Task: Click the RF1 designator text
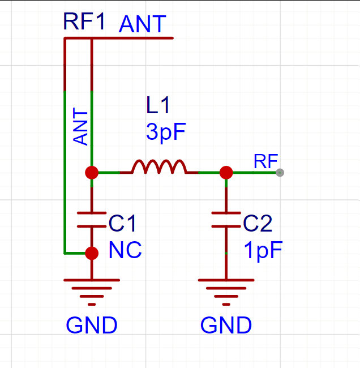pos(84,23)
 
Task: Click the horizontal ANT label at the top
pos(142,24)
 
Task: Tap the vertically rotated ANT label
pos(82,127)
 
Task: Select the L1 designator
pos(157,105)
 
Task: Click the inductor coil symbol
pos(158,167)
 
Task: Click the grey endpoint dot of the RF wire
pos(279,172)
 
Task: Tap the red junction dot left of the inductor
pos(92,172)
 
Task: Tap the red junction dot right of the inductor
pos(226,172)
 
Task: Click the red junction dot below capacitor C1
pos(92,253)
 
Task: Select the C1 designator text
pos(122,224)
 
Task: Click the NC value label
pos(125,250)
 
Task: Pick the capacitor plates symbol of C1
pos(92,220)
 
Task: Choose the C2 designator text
pos(258,224)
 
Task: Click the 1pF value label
pos(263,250)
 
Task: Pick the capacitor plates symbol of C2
pos(226,220)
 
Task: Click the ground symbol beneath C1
pos(92,289)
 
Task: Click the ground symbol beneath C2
pos(226,289)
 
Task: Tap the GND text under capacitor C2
pos(226,326)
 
